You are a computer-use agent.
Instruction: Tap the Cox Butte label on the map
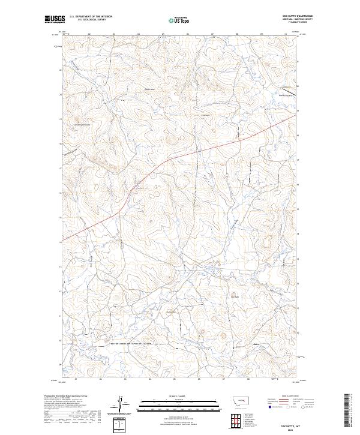(x=235, y=295)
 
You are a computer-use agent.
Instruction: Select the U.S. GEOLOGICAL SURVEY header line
(x=86, y=20)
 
